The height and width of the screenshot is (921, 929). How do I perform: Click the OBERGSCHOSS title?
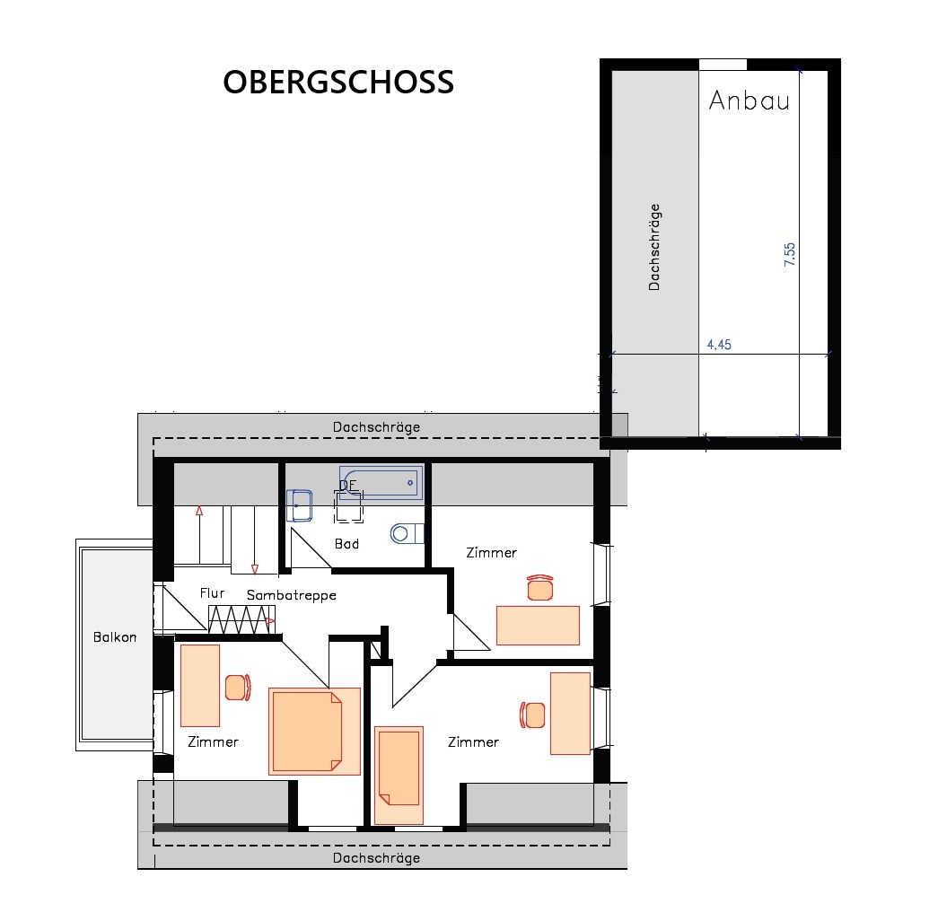[338, 83]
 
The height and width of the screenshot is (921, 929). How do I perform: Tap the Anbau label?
[749, 101]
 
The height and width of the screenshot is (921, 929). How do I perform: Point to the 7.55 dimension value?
[790, 255]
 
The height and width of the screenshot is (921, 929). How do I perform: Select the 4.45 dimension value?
[719, 345]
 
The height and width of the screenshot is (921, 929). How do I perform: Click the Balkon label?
[115, 637]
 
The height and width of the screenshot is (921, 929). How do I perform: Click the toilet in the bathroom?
[406, 533]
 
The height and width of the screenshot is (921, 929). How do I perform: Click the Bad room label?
[346, 544]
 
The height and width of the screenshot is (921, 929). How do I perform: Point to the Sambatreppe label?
[291, 595]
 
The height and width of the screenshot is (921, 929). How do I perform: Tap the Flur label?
[212, 593]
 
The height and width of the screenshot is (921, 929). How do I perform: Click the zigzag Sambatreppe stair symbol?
[241, 619]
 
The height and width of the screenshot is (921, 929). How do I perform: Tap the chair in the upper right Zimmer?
[539, 588]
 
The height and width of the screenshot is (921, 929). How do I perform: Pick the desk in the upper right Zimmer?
[538, 626]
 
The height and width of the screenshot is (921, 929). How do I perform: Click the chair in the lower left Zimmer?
[236, 688]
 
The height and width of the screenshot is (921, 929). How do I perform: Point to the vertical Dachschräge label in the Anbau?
[654, 247]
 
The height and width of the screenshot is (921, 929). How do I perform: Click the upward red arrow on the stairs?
[199, 513]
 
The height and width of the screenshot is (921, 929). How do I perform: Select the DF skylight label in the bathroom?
[347, 487]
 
